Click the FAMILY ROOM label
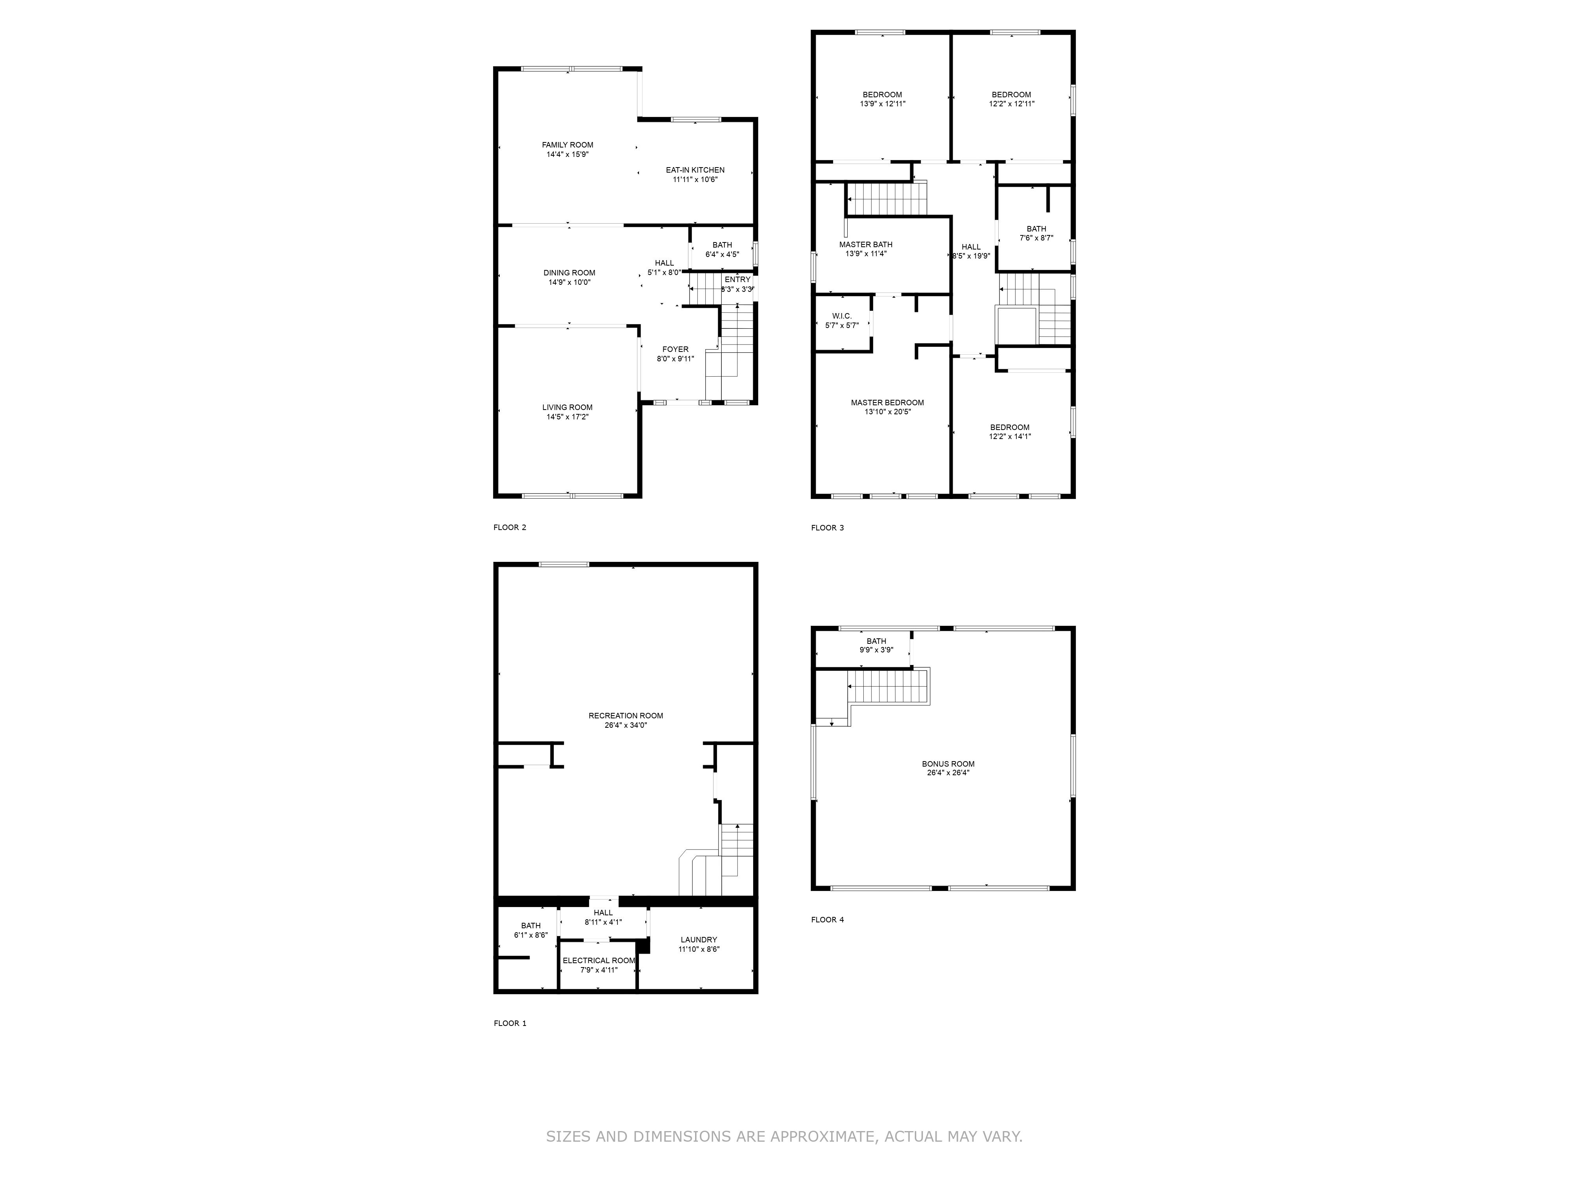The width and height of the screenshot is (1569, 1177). [568, 145]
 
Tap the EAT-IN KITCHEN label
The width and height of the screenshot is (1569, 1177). [695, 170]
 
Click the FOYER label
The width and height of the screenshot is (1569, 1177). [675, 349]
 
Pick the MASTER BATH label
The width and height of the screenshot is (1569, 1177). [865, 245]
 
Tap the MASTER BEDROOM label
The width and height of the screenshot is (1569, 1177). [887, 402]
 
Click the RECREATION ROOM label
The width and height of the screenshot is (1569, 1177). [626, 716]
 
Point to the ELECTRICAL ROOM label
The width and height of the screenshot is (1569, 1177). [599, 960]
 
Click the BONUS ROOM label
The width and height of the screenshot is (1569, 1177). [948, 764]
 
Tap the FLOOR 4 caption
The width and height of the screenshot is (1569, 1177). [828, 920]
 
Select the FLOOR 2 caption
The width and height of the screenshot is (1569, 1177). [510, 527]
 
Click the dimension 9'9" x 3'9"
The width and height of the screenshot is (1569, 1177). [876, 650]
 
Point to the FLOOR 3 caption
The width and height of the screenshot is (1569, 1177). [828, 528]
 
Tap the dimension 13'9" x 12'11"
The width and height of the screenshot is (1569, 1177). [883, 104]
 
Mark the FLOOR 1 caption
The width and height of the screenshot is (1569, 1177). [510, 1023]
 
